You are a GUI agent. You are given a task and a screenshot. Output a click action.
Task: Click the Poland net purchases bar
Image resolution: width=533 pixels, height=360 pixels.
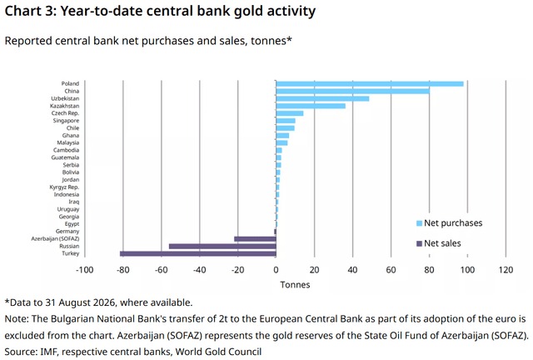pos(370,83)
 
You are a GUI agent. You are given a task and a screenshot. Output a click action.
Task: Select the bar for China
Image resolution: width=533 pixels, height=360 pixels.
pos(353,91)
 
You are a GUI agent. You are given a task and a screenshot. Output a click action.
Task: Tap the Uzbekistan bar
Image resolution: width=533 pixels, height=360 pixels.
pos(322,98)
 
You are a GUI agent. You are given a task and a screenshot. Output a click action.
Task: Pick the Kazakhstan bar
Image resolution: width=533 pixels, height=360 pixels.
pos(311,106)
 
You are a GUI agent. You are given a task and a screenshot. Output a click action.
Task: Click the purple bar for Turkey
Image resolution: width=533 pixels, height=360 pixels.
pos(198,253)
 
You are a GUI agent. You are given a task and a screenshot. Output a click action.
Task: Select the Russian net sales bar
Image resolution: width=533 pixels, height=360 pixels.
pos(222,247)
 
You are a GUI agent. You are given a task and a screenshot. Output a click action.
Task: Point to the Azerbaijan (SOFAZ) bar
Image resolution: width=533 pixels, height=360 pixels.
pos(256,239)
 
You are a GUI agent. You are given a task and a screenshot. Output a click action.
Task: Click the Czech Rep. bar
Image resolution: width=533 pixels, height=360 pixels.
pos(290,113)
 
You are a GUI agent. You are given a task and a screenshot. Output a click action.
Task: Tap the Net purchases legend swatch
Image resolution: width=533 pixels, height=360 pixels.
pos(419,223)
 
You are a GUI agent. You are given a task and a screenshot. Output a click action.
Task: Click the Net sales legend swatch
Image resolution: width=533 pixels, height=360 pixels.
pos(419,243)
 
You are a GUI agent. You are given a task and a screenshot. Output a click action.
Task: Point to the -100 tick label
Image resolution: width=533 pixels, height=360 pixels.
pos(85,270)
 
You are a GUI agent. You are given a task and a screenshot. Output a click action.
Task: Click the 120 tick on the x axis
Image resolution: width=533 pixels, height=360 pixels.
pos(506,270)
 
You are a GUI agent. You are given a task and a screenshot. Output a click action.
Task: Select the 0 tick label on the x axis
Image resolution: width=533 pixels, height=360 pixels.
pos(276,270)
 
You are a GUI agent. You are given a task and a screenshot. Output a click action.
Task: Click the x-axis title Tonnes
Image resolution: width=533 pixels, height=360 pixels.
pos(295,285)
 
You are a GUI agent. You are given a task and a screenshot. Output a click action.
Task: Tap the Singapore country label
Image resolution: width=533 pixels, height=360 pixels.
pos(66,121)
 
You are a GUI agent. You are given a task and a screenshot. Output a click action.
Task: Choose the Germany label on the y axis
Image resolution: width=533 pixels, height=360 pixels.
pos(67,232)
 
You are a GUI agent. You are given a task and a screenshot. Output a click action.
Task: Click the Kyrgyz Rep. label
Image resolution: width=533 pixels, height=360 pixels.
pos(64,187)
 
